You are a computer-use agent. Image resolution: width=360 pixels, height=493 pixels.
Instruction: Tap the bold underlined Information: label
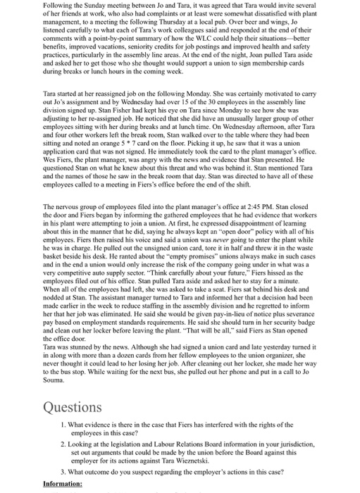click(63, 484)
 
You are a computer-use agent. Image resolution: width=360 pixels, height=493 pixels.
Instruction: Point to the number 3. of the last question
click(63, 471)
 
